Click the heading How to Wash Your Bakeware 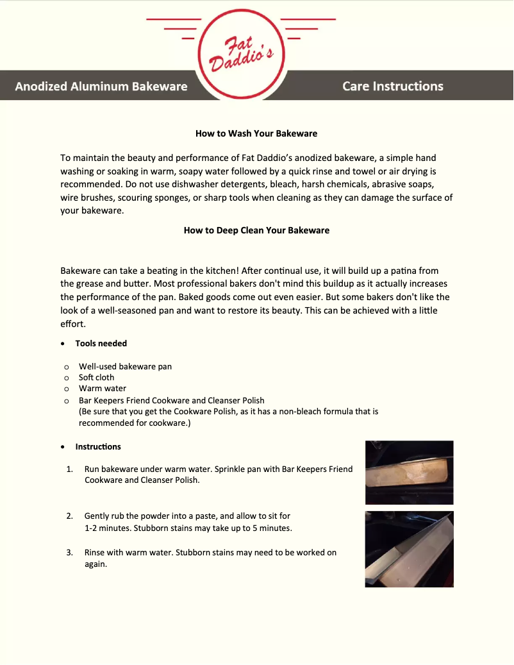pos(256,134)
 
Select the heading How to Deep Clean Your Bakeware pos(256,230)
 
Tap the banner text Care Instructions pos(392,86)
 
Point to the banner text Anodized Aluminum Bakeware pos(101,86)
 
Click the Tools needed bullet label pos(101,344)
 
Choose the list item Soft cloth pos(96,378)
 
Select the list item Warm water pos(103,389)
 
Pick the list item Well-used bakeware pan pos(125,367)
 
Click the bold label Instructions pos(98,447)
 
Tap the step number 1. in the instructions pos(69,469)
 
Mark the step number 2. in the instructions pos(69,516)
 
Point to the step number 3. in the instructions pos(69,552)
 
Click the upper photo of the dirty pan pos(409,472)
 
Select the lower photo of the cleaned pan pos(409,549)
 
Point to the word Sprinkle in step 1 pos(233,469)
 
